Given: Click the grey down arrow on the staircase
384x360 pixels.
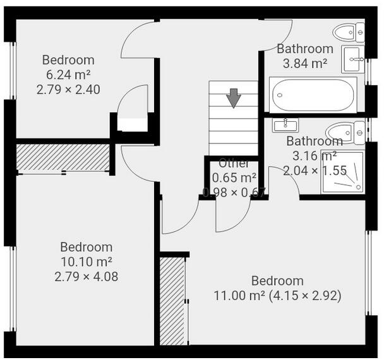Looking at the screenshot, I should coord(234,98).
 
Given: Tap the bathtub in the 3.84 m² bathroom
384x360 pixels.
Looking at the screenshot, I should coord(313,95).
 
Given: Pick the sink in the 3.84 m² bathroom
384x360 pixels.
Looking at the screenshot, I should coord(353,59).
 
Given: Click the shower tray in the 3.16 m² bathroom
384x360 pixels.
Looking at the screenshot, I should coord(342,172).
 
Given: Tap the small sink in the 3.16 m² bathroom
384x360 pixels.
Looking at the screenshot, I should coord(287,124).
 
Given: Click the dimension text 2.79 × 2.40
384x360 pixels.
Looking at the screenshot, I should coord(68,89).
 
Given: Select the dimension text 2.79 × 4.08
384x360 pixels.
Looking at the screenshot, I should coord(86,276).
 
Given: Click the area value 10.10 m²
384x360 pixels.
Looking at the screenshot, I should coord(86,261).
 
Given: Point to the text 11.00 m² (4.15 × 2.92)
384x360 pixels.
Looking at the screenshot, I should coord(278,296).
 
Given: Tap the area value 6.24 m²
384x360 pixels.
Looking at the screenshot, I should coord(68,75).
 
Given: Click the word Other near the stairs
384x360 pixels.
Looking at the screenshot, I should coord(234,164).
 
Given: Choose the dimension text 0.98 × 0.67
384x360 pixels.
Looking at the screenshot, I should coord(234,193).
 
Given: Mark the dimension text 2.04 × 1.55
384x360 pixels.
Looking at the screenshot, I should coord(315,170).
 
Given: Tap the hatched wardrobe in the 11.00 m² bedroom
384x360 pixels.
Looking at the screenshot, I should coord(172,300).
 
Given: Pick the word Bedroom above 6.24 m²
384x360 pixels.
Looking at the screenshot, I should coord(68,60).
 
